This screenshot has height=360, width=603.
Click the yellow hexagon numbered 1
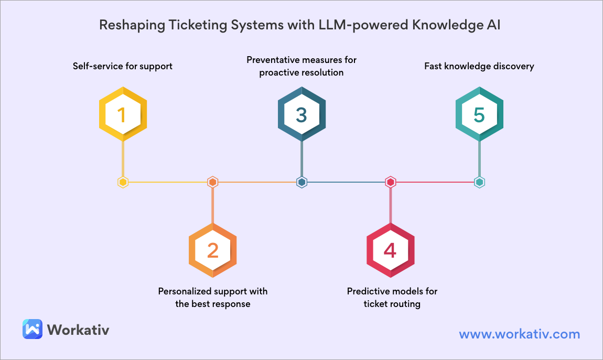pos(123,114)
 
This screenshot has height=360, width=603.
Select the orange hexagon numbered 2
pos(213,250)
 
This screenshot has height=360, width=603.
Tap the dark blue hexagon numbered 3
pos(302,114)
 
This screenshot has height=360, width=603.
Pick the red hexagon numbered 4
pos(391,250)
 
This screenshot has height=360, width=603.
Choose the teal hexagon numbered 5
pos(480,114)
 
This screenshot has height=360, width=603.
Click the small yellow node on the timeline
pos(123,182)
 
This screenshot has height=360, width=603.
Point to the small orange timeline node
pos(213,182)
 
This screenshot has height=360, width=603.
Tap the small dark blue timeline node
pos(302,182)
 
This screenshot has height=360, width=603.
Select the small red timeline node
pos(391,182)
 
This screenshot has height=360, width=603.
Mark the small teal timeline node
pos(480,182)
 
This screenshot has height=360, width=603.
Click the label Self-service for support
pos(123,66)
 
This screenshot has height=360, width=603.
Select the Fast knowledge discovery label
pos(479,66)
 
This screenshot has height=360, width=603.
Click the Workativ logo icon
pos(33,329)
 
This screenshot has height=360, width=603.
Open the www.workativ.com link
pos(520,334)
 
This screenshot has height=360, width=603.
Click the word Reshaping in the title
pos(132,25)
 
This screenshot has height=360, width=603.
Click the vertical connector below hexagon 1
pos(123,158)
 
